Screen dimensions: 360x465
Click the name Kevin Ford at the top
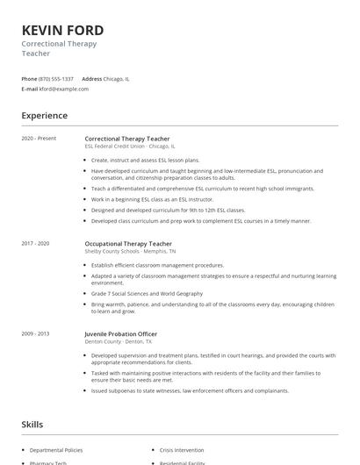click(x=62, y=30)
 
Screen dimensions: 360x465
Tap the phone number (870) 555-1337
click(x=56, y=79)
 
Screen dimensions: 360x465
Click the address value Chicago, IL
click(x=117, y=79)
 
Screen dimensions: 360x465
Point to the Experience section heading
click(x=45, y=116)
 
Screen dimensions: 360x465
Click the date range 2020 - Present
click(x=38, y=139)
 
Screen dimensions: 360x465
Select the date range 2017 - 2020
click(x=36, y=243)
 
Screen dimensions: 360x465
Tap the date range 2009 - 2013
click(x=36, y=333)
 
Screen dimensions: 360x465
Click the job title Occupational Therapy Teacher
click(x=129, y=243)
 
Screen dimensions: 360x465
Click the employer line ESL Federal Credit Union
click(x=129, y=147)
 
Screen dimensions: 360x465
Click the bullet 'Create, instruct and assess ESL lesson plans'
click(x=145, y=161)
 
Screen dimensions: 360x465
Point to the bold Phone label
click(x=29, y=79)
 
